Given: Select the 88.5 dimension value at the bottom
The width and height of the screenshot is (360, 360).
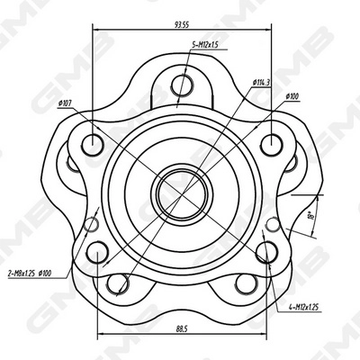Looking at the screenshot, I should point(183,328).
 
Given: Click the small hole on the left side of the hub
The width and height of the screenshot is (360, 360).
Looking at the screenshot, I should point(92,225).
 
